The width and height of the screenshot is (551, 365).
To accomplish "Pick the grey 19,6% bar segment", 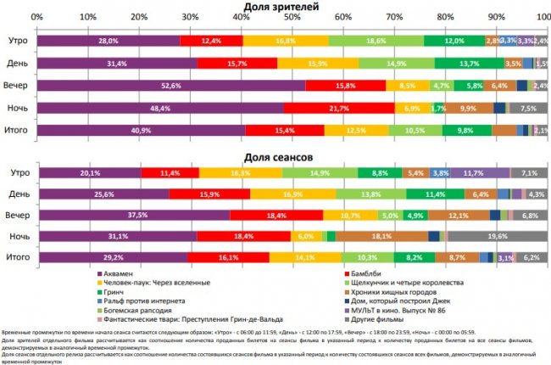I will click(x=492, y=235).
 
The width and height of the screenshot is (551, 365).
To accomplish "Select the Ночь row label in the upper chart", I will click(x=19, y=108).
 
